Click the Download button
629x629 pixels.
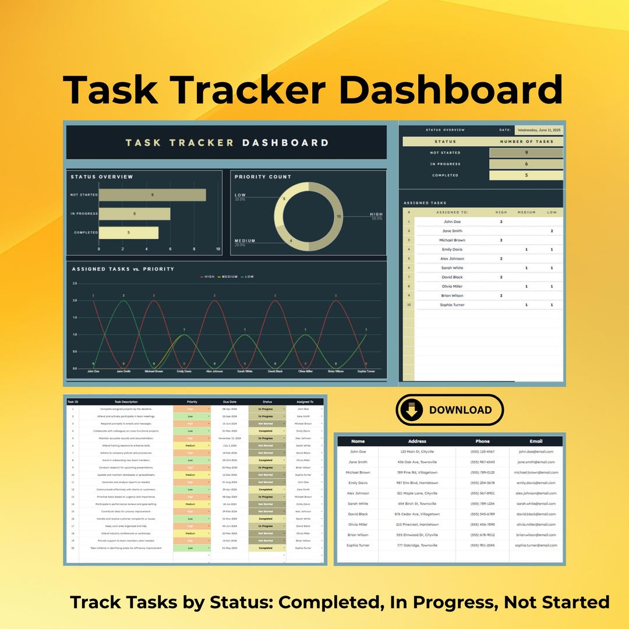pyautogui.click(x=449, y=410)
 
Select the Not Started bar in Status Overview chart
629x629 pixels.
pyautogui.click(x=152, y=195)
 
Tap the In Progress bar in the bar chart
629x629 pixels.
pyautogui.click(x=135, y=214)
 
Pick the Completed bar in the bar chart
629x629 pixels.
pyautogui.click(x=128, y=232)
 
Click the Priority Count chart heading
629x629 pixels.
pyautogui.click(x=263, y=176)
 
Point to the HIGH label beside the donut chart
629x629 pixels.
pyautogui.click(x=376, y=214)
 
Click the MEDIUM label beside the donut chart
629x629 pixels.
pyautogui.click(x=245, y=241)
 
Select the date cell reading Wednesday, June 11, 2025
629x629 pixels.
pyautogui.click(x=539, y=130)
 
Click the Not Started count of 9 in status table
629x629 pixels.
pyautogui.click(x=526, y=153)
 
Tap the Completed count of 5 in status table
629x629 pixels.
pyautogui.click(x=526, y=175)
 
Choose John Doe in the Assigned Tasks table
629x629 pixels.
pyautogui.click(x=452, y=222)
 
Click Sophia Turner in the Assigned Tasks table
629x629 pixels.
pyautogui.click(x=452, y=305)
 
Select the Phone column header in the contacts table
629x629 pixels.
pyautogui.click(x=482, y=441)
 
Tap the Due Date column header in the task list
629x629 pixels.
pyautogui.click(x=229, y=402)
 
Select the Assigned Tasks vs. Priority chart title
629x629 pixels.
pyautogui.click(x=123, y=269)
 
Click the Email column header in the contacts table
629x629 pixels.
pyautogui.click(x=535, y=441)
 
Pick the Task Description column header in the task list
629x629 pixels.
pyautogui.click(x=126, y=402)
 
